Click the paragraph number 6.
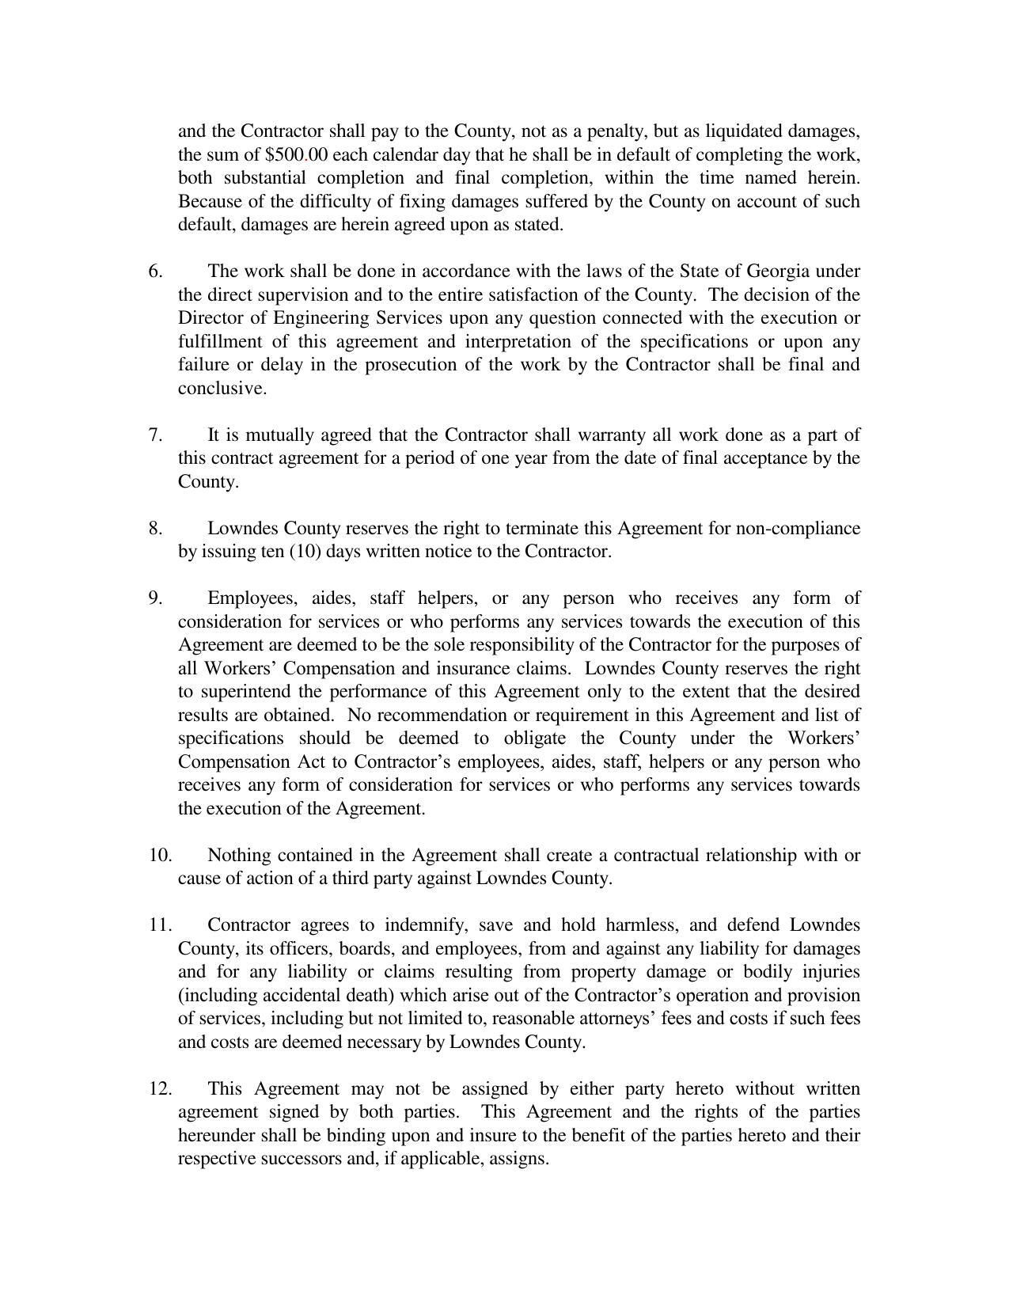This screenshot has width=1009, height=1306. (x=155, y=271)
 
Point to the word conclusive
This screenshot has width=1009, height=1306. (x=222, y=389)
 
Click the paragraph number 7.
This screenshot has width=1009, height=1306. (x=155, y=435)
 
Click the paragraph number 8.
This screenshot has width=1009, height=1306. (x=155, y=529)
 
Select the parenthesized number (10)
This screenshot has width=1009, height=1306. (x=305, y=552)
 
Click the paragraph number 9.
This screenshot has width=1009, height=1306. (x=155, y=598)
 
